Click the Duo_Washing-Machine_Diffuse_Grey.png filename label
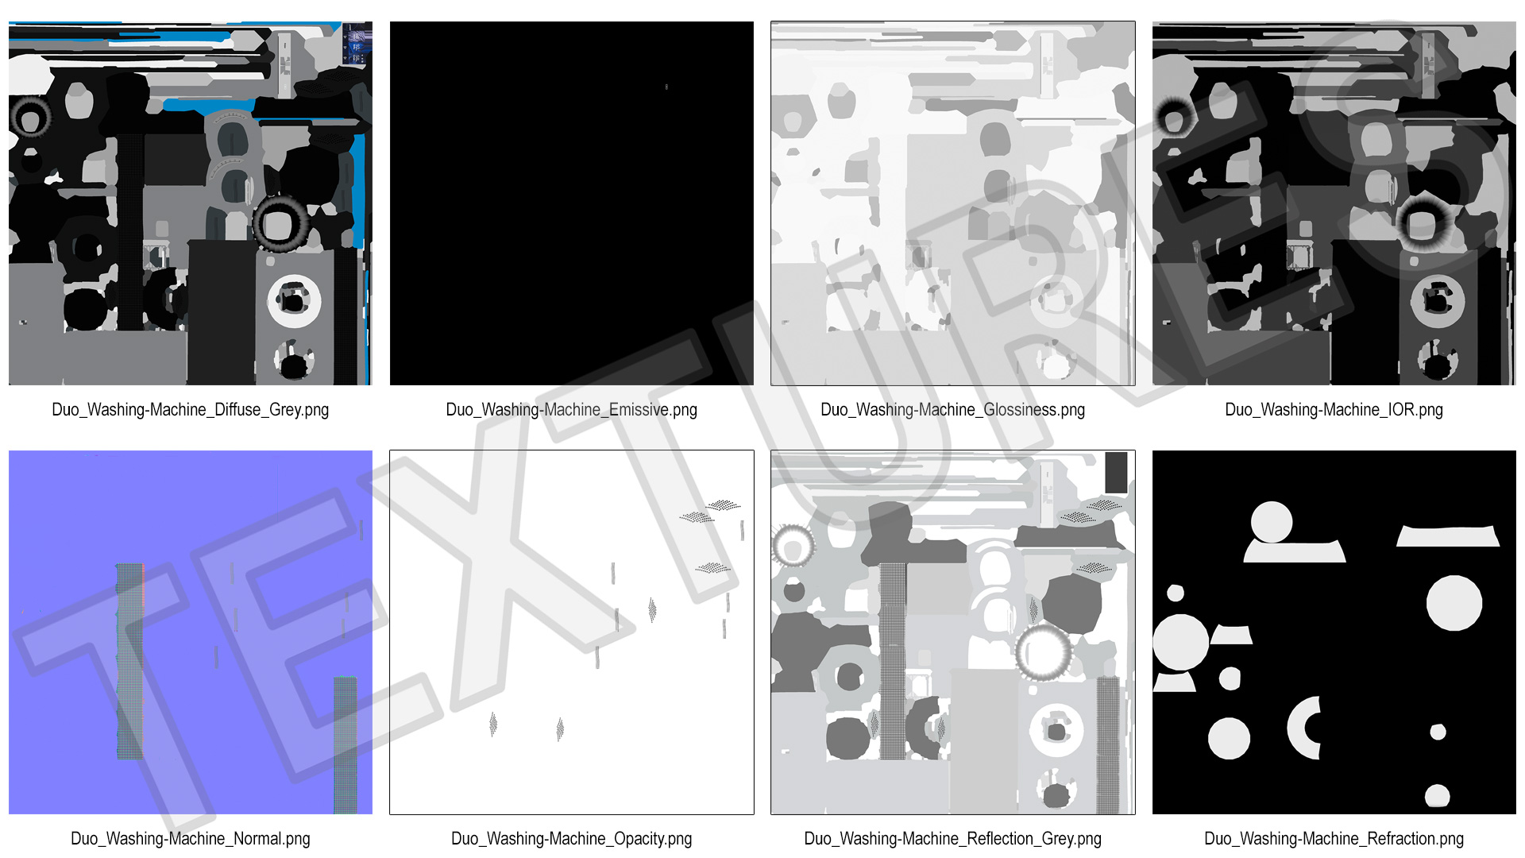point(190,410)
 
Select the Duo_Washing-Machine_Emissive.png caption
point(571,410)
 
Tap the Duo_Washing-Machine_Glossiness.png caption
point(952,410)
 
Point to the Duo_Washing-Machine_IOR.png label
point(1334,410)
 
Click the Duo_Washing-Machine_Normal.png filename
point(190,839)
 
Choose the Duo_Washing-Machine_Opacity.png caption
point(571,839)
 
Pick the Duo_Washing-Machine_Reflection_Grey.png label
point(952,839)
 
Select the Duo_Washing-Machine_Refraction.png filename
point(1334,839)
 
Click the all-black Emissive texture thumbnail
point(572,203)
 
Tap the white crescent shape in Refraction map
point(1299,728)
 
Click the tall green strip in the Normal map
point(129,661)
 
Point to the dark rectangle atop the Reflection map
point(1116,473)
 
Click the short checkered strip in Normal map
point(346,744)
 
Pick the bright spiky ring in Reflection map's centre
point(1043,652)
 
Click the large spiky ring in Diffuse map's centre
point(280,224)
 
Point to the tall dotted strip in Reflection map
point(893,661)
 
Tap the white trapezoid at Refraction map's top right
point(1448,536)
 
